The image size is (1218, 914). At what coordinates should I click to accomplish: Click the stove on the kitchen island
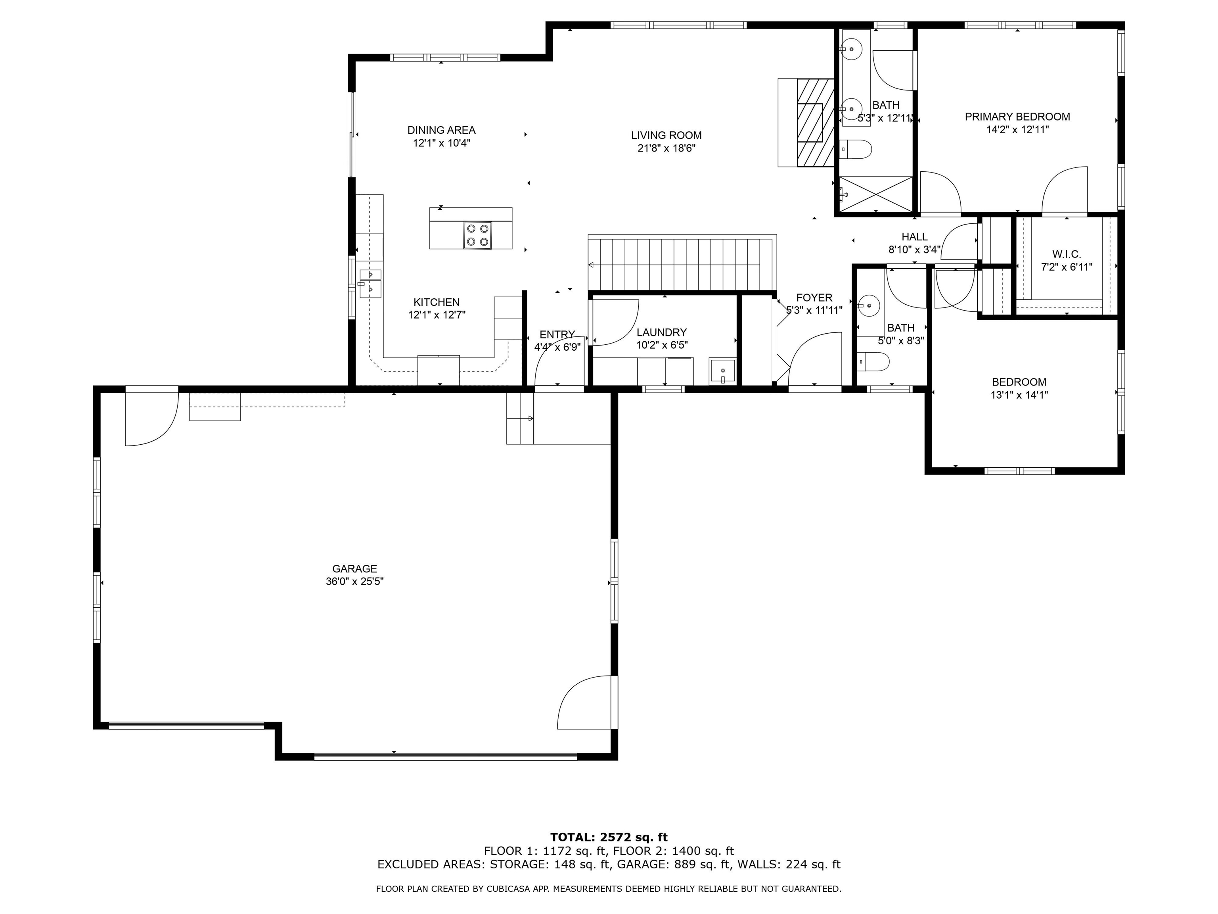477,235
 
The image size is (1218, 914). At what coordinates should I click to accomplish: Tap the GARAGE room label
354,568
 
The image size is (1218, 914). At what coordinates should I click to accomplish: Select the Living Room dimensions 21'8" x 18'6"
666,148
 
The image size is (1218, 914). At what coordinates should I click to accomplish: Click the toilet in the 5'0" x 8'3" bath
874,362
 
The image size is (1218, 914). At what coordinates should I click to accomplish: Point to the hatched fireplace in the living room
815,122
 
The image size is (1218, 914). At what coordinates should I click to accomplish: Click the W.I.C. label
1067,254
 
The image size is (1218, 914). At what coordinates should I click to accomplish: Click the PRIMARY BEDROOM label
1017,117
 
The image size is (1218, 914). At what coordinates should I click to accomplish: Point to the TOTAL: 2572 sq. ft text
609,837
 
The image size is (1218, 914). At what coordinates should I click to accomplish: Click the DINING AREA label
441,130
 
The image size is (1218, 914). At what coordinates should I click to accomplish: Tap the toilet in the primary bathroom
856,149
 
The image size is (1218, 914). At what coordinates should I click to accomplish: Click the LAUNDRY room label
661,332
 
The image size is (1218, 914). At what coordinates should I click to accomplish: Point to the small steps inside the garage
520,419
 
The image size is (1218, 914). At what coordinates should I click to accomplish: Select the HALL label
914,237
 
